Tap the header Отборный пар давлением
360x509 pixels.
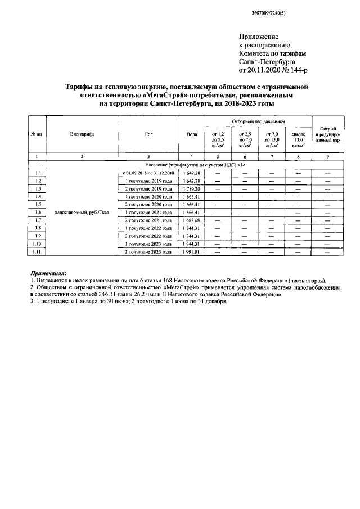(259, 121)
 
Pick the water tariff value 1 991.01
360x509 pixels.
(191, 252)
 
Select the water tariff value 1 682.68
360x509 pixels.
(191, 220)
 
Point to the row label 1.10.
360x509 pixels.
(38, 244)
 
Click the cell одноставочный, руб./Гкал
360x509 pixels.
(82, 213)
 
